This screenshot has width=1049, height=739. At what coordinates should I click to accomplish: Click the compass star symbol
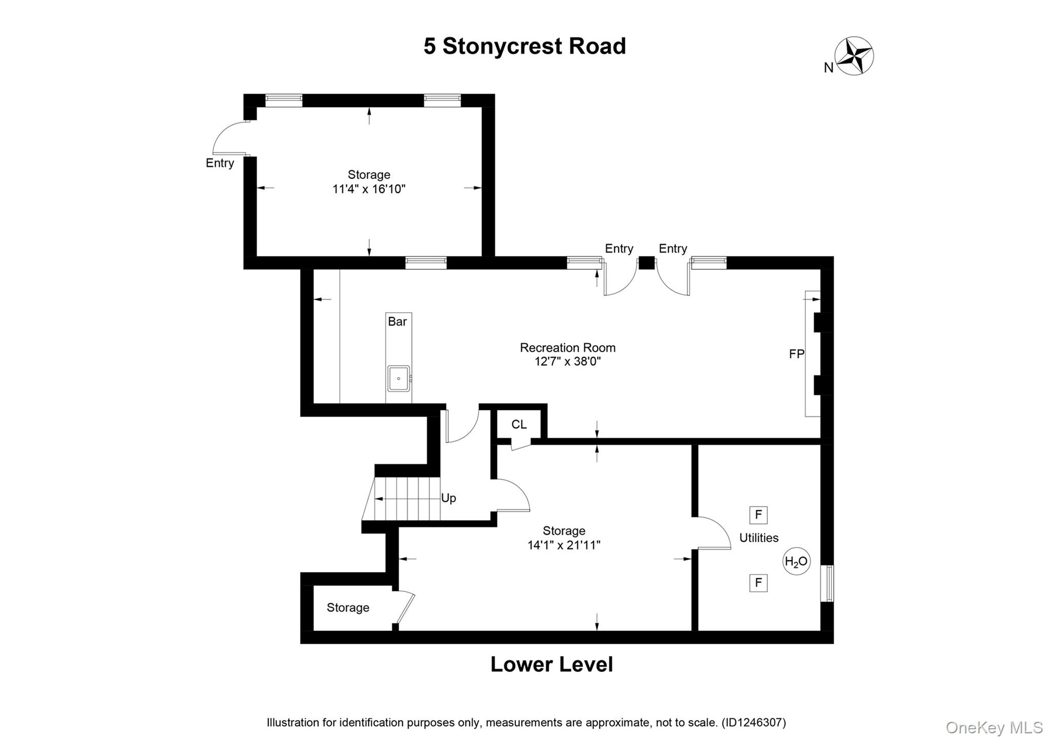(854, 56)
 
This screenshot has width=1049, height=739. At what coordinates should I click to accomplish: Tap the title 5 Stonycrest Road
(524, 46)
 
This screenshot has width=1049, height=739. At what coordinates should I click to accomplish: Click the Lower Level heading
(552, 664)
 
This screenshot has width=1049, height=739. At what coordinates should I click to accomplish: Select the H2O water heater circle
(796, 562)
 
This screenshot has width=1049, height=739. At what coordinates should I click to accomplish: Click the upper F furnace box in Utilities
(758, 515)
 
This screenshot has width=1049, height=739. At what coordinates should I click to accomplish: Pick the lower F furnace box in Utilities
(758, 583)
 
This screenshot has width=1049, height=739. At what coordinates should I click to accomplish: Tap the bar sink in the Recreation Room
(398, 378)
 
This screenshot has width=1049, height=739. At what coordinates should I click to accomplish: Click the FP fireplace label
(796, 354)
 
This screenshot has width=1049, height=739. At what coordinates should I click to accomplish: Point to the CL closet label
(519, 425)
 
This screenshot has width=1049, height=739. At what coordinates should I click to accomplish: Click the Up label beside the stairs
(448, 498)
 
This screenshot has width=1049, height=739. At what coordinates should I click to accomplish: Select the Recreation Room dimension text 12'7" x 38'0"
(568, 362)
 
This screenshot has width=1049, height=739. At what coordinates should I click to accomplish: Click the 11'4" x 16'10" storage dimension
(369, 189)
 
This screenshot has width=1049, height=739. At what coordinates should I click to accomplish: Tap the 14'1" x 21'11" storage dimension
(564, 545)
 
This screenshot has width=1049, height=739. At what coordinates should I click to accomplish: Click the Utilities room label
(759, 538)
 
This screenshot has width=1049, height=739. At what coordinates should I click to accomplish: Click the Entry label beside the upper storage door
(220, 163)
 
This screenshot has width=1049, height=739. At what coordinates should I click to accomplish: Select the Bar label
(397, 322)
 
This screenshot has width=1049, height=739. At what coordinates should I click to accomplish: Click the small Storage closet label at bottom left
(348, 607)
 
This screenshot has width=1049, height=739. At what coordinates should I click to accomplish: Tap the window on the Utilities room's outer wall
(827, 583)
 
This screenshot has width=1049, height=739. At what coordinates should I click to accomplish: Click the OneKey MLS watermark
(994, 727)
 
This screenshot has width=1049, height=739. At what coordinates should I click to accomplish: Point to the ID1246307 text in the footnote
(753, 723)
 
